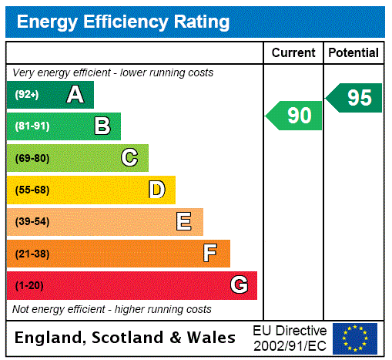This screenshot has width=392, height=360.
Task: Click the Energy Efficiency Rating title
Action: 123,22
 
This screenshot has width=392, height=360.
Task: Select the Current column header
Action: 293,53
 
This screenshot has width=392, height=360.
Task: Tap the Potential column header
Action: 353,53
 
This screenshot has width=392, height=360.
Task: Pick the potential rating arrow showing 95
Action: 355,98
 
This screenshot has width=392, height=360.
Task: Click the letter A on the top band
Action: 75,95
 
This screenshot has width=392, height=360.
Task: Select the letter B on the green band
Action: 102,126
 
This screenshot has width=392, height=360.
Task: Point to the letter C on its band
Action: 129,158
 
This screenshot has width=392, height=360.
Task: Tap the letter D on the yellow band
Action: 156,190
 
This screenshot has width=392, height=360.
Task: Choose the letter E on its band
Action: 184,222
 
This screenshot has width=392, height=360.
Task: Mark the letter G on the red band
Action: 239,285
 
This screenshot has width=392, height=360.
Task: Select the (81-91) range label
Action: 32,126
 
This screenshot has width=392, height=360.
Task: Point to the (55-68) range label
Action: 32,190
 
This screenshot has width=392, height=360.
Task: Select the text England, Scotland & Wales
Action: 126,338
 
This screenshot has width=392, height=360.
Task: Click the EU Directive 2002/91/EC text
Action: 290,338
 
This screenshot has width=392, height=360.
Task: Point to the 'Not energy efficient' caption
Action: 112,309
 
